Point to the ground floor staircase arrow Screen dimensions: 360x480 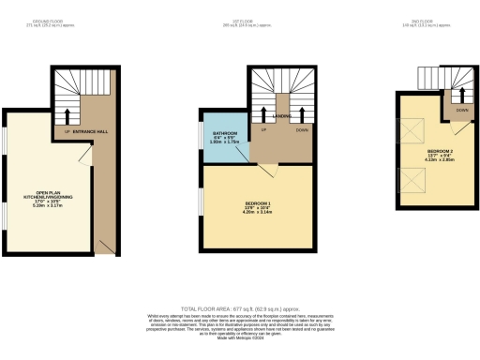(67, 116)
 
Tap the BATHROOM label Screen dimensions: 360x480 (224, 135)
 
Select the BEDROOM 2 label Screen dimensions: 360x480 (441, 152)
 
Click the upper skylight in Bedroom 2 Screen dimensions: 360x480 (412, 131)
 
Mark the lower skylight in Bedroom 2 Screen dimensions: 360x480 (412, 178)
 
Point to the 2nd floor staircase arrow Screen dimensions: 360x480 (462, 95)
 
